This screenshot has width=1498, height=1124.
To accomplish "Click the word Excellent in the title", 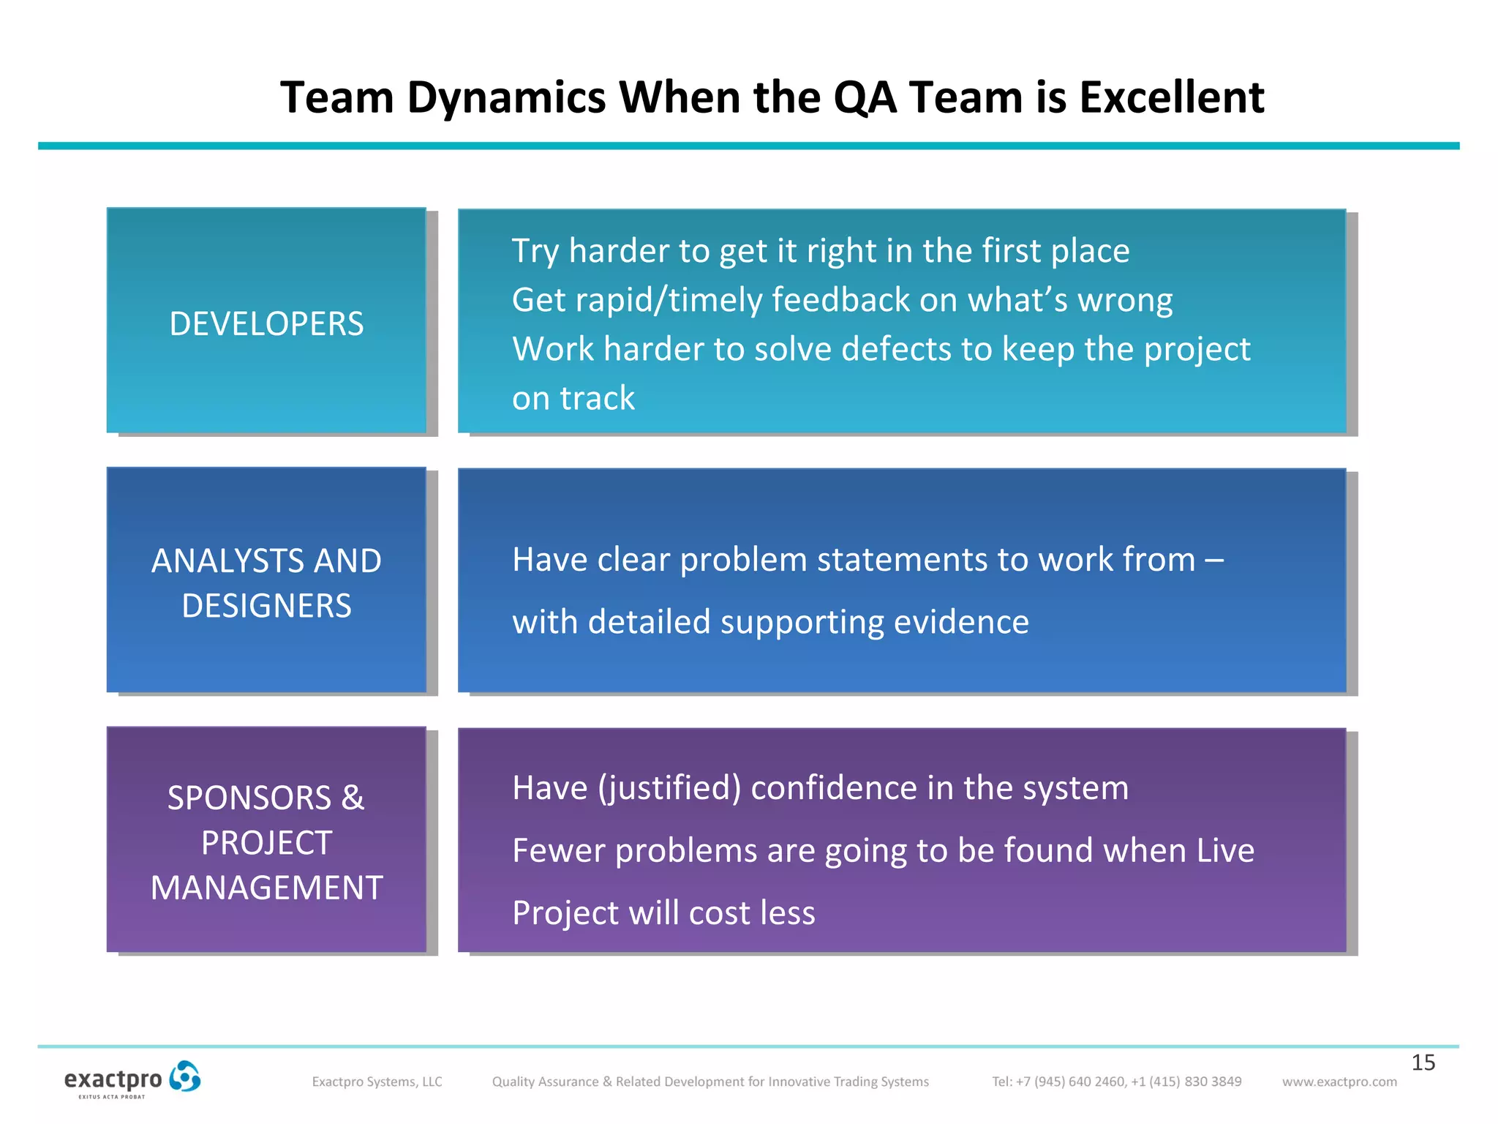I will click(x=1172, y=97).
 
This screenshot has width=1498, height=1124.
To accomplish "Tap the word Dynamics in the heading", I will click(x=506, y=97).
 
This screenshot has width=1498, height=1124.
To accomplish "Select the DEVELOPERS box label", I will click(x=266, y=324).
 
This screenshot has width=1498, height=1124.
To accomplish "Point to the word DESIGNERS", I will click(x=266, y=606).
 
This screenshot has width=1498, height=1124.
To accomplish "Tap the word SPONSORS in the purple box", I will click(x=249, y=798).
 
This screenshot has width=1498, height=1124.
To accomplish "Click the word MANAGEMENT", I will click(x=266, y=888).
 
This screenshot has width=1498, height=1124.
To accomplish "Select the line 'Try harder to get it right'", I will click(x=820, y=251).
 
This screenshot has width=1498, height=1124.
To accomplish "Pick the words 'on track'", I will click(x=573, y=399).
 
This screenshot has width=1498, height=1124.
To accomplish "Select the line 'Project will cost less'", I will click(x=663, y=913).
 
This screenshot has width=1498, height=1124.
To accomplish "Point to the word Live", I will click(x=1225, y=850).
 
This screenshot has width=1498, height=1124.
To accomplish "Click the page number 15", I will click(x=1423, y=1063).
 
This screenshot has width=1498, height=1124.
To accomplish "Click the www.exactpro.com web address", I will click(x=1339, y=1082).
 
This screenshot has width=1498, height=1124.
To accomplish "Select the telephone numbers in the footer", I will click(x=1116, y=1082).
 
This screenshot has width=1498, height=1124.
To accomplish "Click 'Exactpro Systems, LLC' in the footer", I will click(x=377, y=1082).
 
